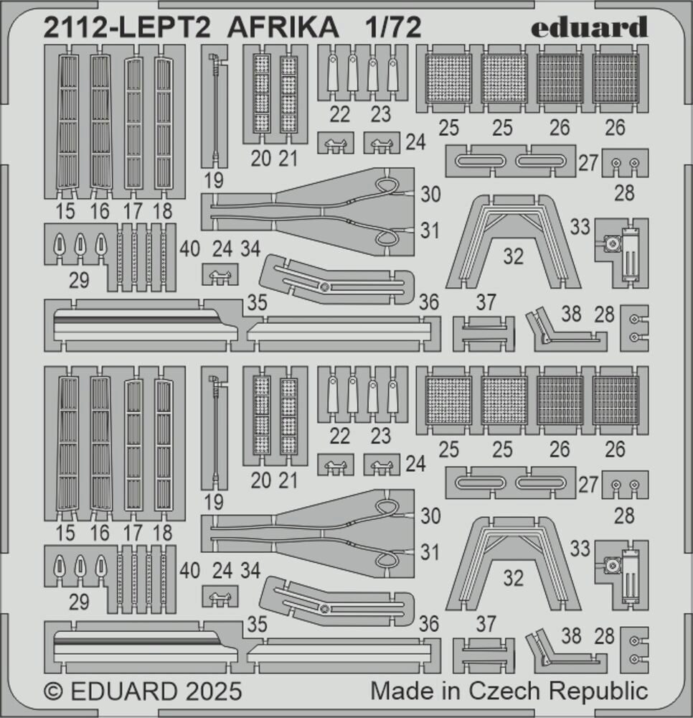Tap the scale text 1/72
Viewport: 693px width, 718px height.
(x=392, y=27)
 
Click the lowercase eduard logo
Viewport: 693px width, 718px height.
(x=590, y=27)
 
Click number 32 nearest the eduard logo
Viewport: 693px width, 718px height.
(x=514, y=256)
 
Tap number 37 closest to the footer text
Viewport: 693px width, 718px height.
(x=486, y=625)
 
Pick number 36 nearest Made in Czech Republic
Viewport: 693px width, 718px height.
(x=428, y=625)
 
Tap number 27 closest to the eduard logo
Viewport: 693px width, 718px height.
(x=588, y=162)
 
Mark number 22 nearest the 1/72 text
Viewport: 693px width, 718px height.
(x=340, y=113)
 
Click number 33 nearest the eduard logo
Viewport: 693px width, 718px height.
(x=580, y=228)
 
